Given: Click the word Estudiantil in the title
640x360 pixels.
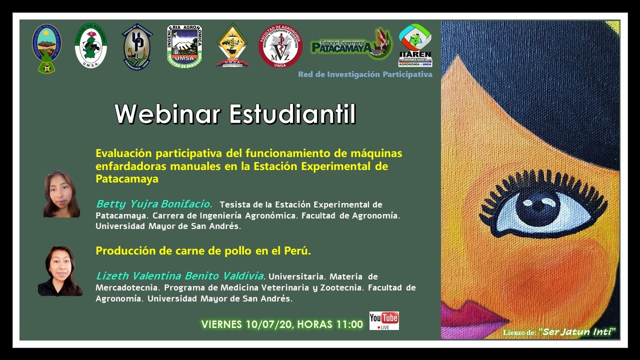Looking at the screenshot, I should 292,114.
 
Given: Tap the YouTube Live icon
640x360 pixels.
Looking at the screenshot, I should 384,320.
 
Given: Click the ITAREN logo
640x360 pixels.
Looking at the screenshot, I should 415,45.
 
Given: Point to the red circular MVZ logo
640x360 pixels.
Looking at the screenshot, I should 280,46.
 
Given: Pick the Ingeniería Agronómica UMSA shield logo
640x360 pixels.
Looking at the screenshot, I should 184,45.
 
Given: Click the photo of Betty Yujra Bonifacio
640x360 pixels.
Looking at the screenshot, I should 61,194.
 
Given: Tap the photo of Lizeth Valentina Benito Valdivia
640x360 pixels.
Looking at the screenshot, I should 60,271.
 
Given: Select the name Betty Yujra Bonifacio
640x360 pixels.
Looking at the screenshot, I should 154,204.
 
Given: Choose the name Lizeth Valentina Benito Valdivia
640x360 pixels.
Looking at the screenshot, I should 179,275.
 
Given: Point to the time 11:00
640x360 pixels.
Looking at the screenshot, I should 349,324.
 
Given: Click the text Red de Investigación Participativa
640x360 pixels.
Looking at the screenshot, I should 365,74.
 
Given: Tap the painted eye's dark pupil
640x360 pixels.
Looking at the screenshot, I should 537,206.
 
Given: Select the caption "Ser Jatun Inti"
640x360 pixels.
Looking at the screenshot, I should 579,332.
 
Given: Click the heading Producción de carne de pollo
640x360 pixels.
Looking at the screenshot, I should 203,251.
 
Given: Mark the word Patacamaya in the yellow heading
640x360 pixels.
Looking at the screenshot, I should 127,178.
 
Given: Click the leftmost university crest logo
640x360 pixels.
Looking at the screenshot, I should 46,48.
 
